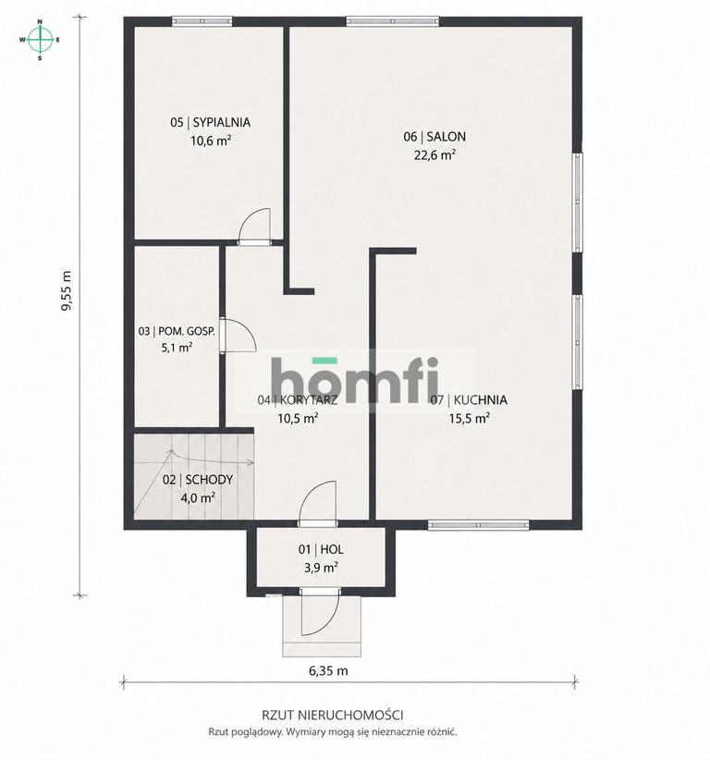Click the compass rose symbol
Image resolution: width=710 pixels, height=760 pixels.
click(41, 40)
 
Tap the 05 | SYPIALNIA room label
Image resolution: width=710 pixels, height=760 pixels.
click(211, 123)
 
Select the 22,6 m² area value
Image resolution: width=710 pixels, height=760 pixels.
click(435, 155)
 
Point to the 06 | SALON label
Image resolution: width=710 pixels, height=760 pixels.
click(435, 137)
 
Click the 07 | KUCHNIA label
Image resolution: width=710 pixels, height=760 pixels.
click(469, 399)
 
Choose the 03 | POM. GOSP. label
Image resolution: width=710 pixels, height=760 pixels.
click(177, 332)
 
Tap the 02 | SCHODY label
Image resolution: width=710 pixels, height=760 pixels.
click(198, 480)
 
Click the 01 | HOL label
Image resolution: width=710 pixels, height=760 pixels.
click(321, 549)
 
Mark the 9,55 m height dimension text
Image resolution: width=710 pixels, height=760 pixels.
click(67, 291)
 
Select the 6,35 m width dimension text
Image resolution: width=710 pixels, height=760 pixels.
click(328, 671)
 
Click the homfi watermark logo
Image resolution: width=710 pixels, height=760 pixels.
click(355, 380)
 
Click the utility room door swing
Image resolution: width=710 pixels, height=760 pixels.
click(239, 335)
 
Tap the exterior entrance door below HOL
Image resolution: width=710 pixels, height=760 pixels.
click(319, 614)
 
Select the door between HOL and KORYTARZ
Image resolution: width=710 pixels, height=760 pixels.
click(317, 503)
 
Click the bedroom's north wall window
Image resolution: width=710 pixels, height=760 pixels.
click(202, 21)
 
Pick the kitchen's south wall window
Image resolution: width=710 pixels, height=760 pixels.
click(478, 525)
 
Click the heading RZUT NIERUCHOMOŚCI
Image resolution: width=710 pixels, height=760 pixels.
click(333, 715)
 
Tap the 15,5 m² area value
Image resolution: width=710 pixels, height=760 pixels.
click(469, 418)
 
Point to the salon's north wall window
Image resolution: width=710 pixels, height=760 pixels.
click(393, 21)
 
